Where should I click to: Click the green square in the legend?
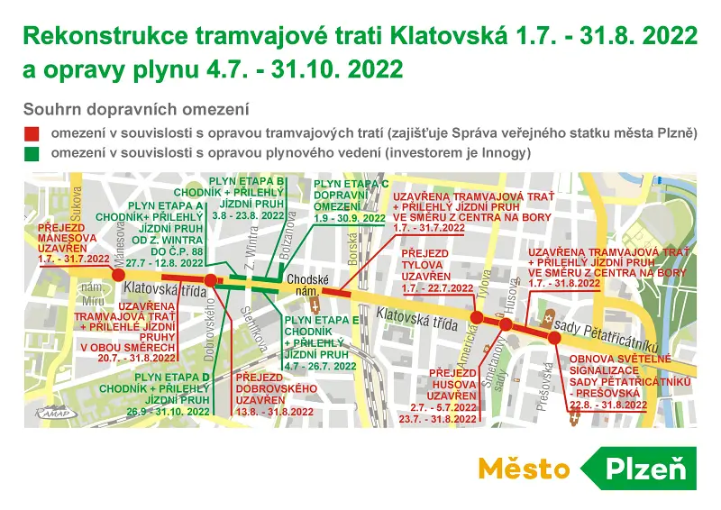(34, 154)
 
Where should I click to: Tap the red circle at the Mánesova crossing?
(119, 274)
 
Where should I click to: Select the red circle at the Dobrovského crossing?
(210, 281)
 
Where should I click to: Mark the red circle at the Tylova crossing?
(478, 317)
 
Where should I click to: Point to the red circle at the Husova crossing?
(507, 324)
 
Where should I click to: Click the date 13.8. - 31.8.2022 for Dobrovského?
(271, 411)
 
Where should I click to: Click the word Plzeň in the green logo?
(644, 469)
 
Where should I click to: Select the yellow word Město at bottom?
(523, 469)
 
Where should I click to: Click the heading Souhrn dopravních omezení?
(136, 110)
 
